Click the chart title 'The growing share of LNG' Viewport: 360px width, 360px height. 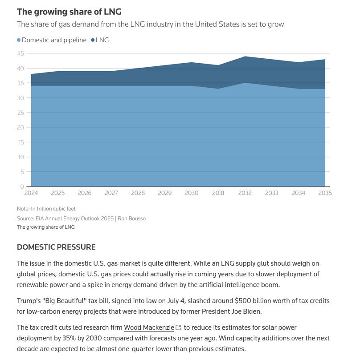[69, 12]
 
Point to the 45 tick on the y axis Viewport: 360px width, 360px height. [20, 53]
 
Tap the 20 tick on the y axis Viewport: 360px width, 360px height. [20, 127]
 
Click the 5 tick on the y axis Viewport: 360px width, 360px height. [22, 172]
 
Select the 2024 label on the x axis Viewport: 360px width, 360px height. [31, 193]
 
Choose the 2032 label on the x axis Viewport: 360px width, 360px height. [245, 193]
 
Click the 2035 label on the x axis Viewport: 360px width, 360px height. [325, 193]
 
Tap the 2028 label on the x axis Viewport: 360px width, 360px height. [138, 193]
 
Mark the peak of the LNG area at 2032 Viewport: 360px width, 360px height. [245, 57]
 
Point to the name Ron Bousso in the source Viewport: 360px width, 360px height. [132, 218]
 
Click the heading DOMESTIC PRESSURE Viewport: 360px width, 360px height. [56, 247]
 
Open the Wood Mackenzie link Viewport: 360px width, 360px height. [149, 328]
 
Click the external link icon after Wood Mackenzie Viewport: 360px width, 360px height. [179, 328]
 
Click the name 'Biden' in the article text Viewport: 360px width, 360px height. [253, 311]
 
